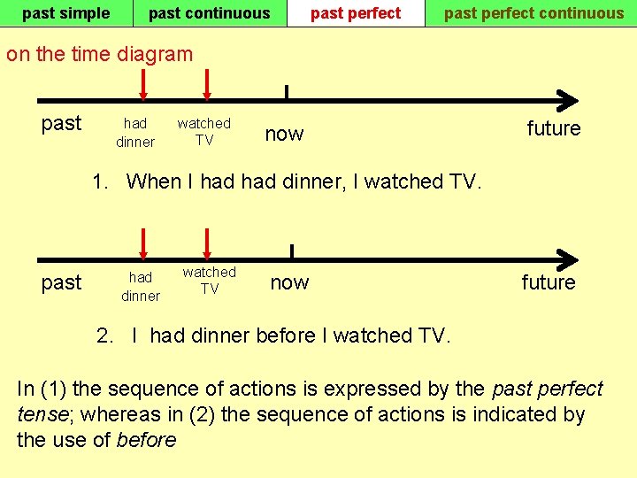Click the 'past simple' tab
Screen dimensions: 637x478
[x=65, y=13]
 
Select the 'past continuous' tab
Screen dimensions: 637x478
[x=209, y=13]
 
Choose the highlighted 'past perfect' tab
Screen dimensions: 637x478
[x=356, y=13]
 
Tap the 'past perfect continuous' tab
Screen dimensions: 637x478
[x=533, y=13]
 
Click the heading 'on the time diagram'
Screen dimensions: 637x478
[x=99, y=54]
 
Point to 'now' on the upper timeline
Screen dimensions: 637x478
[x=284, y=134]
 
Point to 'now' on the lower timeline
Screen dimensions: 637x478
[x=289, y=282]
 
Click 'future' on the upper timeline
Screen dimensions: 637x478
[x=554, y=128]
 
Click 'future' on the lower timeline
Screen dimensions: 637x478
[x=549, y=282]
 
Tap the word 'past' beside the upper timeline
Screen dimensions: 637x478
[x=61, y=123]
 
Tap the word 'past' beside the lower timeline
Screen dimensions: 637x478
[x=61, y=282]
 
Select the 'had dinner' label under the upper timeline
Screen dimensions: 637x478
[x=135, y=133]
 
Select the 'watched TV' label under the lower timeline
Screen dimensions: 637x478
[x=210, y=281]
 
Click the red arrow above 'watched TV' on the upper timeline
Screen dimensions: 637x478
[x=206, y=85]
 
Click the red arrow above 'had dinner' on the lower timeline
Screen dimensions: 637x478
[x=142, y=244]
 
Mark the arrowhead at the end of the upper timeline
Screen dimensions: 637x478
[x=569, y=100]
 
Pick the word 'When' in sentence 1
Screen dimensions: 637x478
[x=154, y=181]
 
